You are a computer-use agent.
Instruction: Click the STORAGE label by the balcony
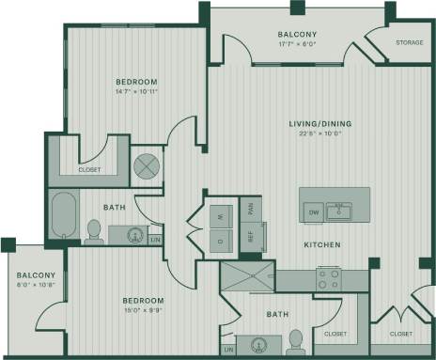pyautogui.click(x=409, y=42)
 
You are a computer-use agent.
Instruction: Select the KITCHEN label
pyautogui.click(x=321, y=245)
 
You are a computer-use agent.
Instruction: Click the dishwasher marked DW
pyautogui.click(x=314, y=212)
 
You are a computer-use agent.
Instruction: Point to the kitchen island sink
pyautogui.click(x=340, y=211)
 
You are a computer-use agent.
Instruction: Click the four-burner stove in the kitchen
pyautogui.click(x=328, y=278)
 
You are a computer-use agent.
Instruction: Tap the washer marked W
pyautogui.click(x=220, y=215)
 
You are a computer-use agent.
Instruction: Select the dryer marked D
pyautogui.click(x=220, y=241)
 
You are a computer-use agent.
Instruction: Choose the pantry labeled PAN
pyautogui.click(x=249, y=209)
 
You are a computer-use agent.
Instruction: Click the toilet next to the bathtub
pyautogui.click(x=94, y=231)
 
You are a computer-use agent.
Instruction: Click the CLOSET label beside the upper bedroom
pyautogui.click(x=89, y=171)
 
